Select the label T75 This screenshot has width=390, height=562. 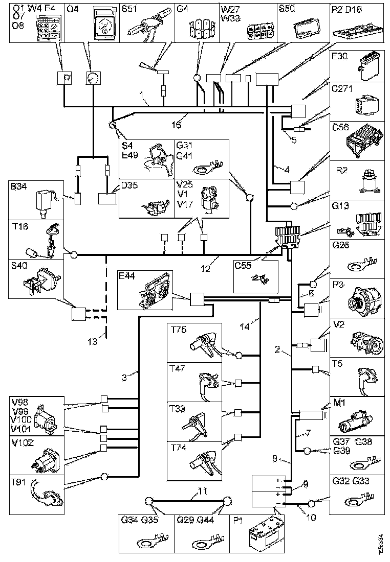tap(179, 330)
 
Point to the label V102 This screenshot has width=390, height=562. tap(22, 443)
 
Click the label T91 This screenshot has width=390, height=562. tap(19, 483)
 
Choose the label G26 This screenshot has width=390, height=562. tap(341, 246)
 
